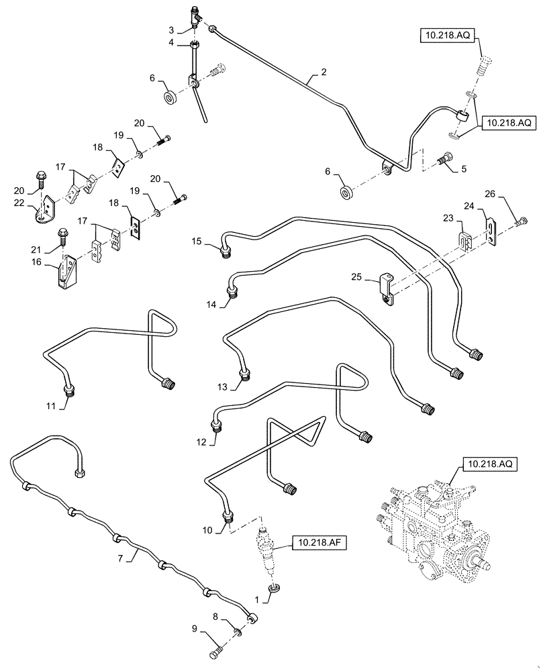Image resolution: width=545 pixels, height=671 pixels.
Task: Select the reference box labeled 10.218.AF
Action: tap(318, 543)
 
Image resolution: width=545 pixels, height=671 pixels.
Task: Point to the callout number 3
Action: tap(170, 30)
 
